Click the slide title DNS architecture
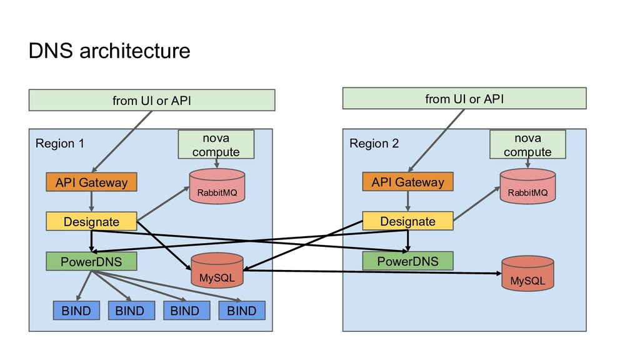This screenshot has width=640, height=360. click(109, 51)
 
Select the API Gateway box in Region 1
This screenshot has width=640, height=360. click(91, 182)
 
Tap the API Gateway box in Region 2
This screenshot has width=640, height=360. click(407, 182)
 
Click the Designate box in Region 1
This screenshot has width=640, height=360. click(91, 221)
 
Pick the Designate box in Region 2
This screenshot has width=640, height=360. click(407, 221)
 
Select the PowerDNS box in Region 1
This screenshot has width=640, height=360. click(91, 261)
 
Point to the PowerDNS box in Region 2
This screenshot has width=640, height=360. click(407, 261)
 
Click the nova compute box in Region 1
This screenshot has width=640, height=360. click(216, 144)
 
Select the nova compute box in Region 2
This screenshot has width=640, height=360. click(527, 144)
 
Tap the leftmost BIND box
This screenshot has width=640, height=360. click(76, 311)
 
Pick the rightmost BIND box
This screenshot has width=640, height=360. click(242, 311)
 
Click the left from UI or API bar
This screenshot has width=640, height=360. click(152, 100)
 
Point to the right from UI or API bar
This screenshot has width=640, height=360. click(464, 99)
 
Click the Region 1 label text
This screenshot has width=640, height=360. click(59, 144)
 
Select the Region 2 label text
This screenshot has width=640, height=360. click(374, 144)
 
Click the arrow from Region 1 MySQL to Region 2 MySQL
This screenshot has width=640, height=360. click(375, 272)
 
